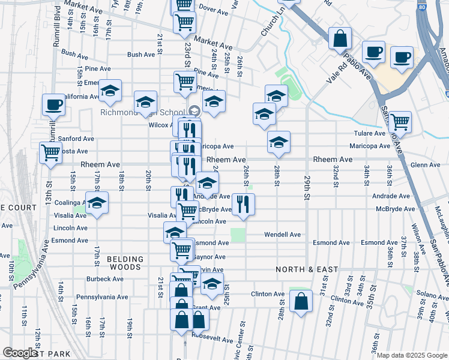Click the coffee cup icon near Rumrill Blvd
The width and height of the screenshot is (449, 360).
[53, 104]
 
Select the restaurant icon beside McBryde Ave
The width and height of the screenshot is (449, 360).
[243, 205]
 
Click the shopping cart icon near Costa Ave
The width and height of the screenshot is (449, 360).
[50, 152]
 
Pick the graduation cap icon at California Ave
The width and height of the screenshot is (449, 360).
[110, 91]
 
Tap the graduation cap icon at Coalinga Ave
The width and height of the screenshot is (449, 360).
[96, 203]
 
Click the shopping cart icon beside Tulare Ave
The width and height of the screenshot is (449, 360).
[400, 122]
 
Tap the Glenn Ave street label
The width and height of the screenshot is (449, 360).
[425, 165]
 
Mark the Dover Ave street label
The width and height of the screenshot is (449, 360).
[211, 9]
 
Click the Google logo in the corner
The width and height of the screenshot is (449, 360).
[20, 353]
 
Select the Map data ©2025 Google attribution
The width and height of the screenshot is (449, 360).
[411, 355]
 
